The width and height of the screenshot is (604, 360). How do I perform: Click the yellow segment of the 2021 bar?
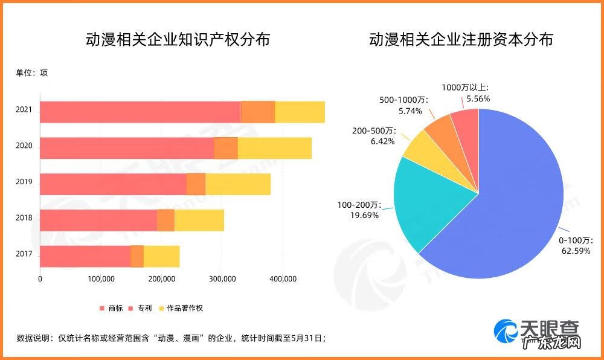[300, 112]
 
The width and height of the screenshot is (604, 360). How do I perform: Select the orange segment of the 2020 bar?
[226, 148]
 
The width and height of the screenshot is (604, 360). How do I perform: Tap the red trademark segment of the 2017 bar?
[85, 256]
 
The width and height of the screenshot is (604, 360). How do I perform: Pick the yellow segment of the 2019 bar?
[237, 184]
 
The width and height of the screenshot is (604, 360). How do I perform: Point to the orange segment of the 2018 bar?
[165, 220]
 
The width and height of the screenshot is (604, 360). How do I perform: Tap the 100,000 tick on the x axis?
[101, 279]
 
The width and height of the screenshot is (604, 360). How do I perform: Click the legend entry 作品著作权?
[185, 308]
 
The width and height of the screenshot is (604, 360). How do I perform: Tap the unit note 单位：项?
[31, 73]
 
